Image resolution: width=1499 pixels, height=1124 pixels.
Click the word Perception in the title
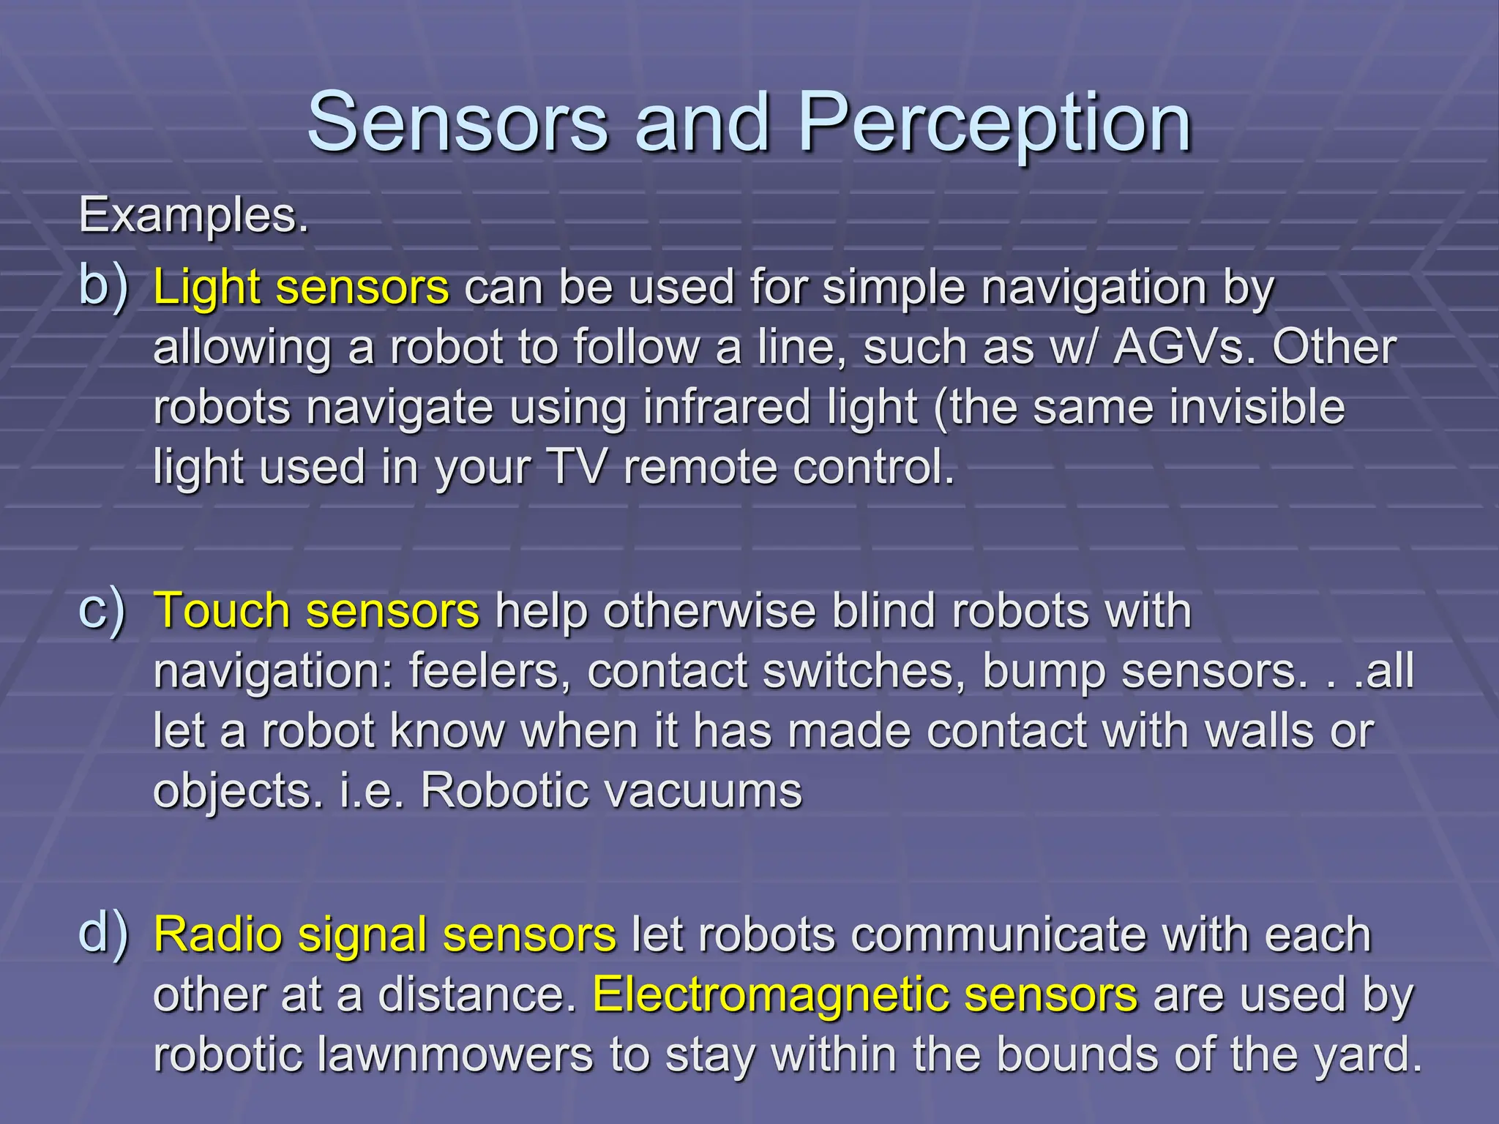pyautogui.click(x=995, y=123)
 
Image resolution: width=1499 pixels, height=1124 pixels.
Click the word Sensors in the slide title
pyautogui.click(x=457, y=123)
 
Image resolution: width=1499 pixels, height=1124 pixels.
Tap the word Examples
pyautogui.click(x=193, y=216)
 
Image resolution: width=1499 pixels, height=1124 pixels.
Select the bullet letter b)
pyautogui.click(x=102, y=285)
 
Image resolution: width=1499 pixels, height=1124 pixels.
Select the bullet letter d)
pyautogui.click(x=102, y=934)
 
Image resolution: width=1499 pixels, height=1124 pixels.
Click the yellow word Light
pyautogui.click(x=206, y=288)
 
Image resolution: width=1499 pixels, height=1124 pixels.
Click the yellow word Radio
pyautogui.click(x=217, y=935)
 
